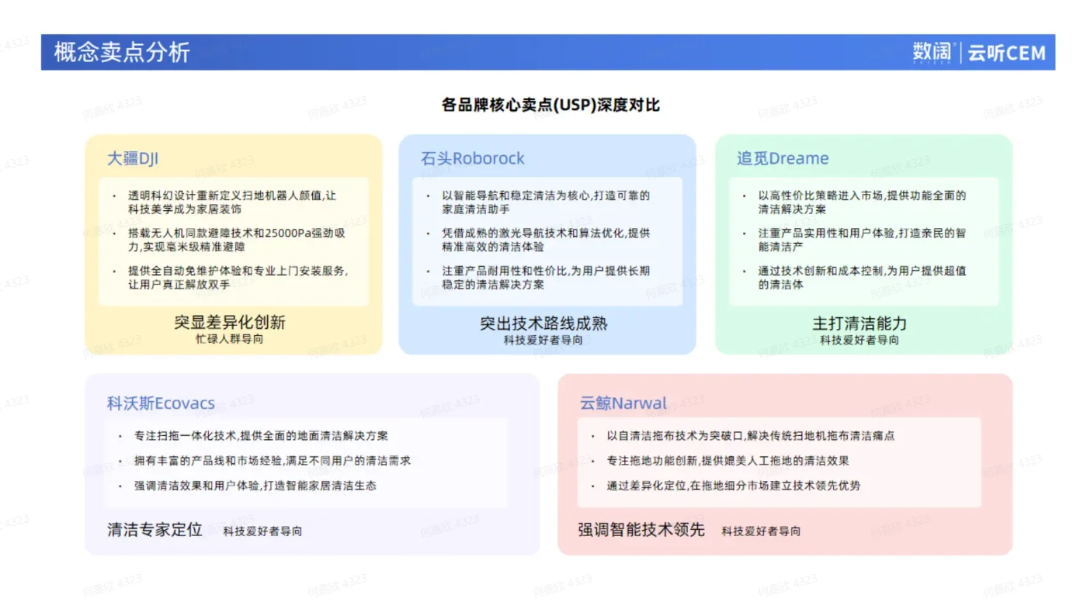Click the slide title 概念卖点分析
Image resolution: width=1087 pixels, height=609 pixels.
coord(121,52)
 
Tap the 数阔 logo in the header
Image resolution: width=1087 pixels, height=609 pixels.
coord(932,52)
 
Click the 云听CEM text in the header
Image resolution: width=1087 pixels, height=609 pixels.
coord(1006,53)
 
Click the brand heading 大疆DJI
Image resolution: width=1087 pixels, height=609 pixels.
coord(133,158)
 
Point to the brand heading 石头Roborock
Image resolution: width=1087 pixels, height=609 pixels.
coord(472,158)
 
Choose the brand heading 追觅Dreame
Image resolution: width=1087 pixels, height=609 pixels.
coord(783,158)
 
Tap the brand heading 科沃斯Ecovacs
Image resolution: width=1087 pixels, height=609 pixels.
coord(161,403)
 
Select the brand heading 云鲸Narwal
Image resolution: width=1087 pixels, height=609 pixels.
coord(623,403)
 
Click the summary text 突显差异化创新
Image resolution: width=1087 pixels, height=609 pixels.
coord(229,322)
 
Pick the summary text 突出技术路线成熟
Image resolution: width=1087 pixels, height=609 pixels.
coord(543,323)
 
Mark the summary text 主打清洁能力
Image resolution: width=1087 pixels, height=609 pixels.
coord(860,323)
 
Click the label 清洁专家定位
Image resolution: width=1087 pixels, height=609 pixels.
coord(155,530)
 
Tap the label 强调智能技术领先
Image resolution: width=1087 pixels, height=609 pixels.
coord(641,530)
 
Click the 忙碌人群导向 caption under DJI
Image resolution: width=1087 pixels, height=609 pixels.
coord(229,339)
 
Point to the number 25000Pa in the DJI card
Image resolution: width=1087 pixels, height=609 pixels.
coord(288,234)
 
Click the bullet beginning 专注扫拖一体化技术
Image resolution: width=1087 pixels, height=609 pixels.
coord(261,436)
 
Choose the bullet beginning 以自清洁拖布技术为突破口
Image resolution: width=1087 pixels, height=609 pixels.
coord(750,436)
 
